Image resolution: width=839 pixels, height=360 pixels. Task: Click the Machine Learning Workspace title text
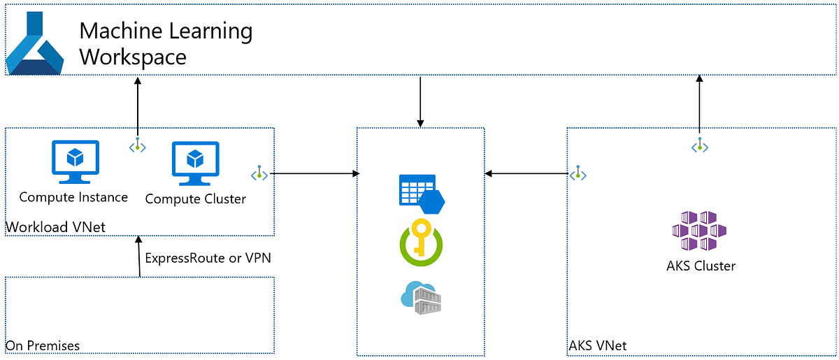166,43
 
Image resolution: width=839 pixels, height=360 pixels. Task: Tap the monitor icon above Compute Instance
76,162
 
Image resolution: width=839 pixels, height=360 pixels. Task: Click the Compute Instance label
73,197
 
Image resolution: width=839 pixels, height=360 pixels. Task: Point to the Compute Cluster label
196,199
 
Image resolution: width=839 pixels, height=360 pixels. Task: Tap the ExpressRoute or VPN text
208,258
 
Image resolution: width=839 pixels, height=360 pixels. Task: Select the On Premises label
43,345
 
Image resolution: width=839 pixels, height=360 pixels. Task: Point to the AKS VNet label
597,345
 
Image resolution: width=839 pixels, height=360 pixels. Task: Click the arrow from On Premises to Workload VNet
141,257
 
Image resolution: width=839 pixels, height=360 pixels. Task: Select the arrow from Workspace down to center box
420,101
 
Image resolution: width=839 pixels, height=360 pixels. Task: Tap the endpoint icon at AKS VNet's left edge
578,173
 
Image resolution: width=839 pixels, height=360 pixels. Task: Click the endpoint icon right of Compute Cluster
259,173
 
